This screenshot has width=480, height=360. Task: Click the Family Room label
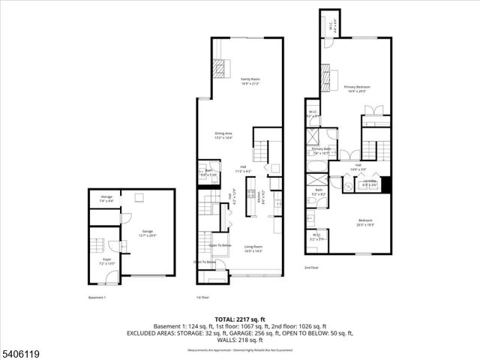click(x=250, y=80)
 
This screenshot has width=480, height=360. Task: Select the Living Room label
click(x=253, y=248)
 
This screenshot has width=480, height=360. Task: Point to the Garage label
click(x=148, y=233)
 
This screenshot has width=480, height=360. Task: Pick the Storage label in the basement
click(x=106, y=199)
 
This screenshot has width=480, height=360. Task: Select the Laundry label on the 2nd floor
click(x=370, y=181)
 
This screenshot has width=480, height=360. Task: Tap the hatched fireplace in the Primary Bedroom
click(x=326, y=76)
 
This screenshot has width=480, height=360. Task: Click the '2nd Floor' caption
click(x=311, y=268)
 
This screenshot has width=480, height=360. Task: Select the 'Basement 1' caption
click(x=97, y=297)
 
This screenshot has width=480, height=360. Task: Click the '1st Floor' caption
click(x=202, y=297)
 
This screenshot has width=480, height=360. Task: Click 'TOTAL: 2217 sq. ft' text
click(x=239, y=319)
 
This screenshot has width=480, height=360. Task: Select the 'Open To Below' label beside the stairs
click(x=220, y=246)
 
